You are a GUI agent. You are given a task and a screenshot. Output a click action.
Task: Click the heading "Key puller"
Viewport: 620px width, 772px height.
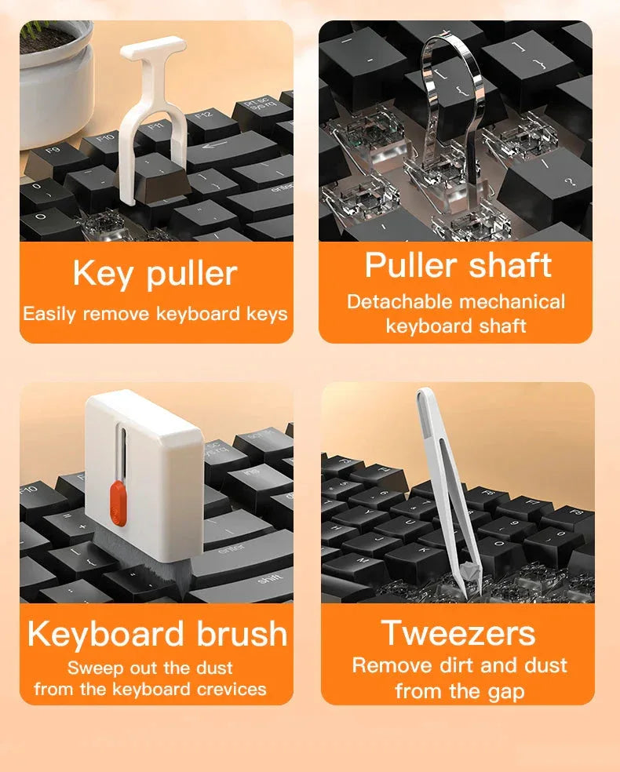155,274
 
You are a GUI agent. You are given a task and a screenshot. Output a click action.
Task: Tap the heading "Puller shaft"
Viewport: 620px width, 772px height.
458,266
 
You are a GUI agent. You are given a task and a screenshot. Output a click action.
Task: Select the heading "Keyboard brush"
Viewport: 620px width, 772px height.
157,633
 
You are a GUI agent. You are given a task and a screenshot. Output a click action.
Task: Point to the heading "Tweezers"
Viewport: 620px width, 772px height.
458,632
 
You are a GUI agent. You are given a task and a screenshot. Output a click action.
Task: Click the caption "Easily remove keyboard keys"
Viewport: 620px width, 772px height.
155,315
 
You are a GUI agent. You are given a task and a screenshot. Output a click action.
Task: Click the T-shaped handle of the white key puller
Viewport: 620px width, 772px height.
153,49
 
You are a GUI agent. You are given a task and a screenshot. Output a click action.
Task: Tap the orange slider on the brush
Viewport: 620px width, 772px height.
116,502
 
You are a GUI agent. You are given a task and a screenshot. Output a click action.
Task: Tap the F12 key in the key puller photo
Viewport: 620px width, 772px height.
202,117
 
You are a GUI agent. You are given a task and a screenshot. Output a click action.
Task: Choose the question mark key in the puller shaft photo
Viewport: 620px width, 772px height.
567,182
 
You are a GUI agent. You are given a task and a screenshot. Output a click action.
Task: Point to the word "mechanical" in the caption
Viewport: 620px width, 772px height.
513,302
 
